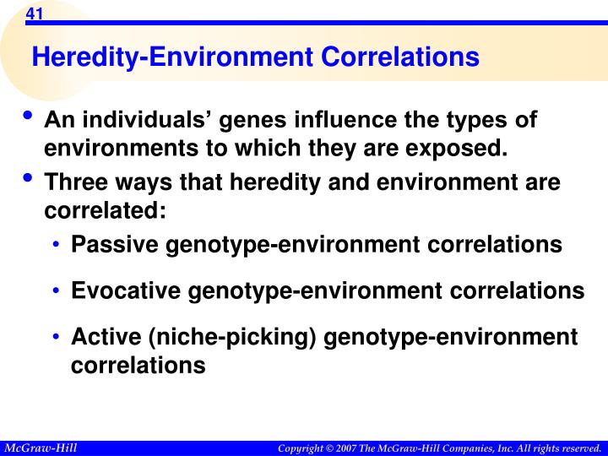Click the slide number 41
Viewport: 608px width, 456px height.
(34, 14)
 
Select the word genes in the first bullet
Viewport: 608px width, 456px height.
(250, 121)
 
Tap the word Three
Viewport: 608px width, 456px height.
(73, 182)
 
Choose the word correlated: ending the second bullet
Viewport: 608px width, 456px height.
(105, 210)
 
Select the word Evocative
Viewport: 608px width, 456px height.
(127, 291)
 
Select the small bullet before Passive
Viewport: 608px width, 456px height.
(56, 246)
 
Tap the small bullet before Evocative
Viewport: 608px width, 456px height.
(56, 292)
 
